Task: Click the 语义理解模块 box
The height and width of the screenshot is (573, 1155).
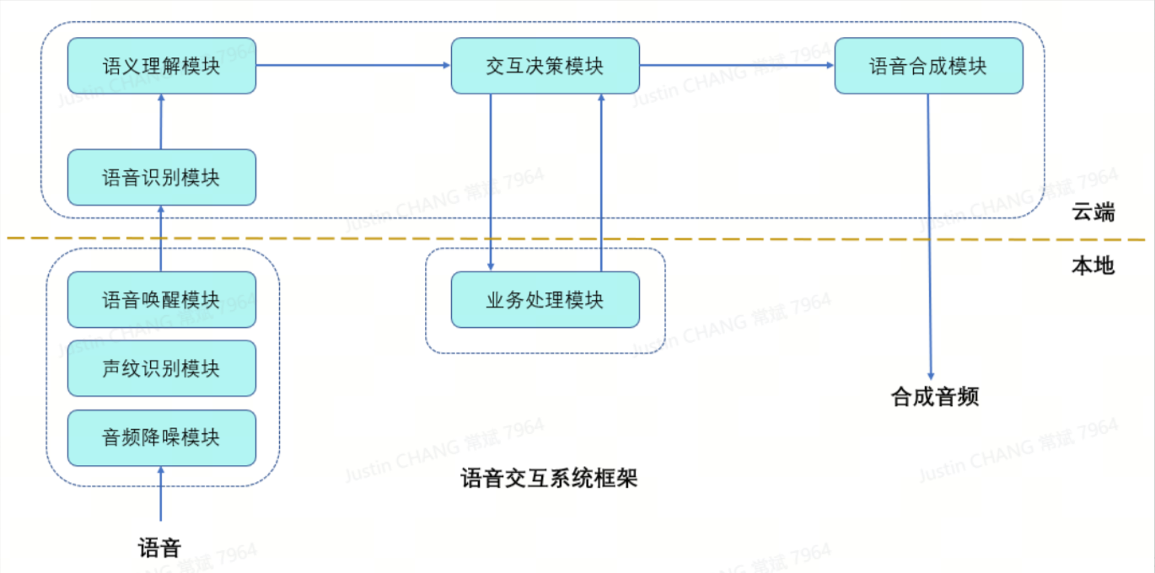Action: (x=161, y=66)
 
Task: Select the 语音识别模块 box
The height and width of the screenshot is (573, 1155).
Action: (x=161, y=177)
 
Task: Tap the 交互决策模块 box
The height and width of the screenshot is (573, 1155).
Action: (x=545, y=66)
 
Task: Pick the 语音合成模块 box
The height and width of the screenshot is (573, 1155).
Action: (x=928, y=66)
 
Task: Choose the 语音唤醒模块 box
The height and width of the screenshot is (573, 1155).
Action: (x=161, y=299)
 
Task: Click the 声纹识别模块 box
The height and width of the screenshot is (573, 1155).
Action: (x=161, y=368)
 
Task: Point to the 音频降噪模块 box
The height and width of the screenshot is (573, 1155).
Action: (x=161, y=437)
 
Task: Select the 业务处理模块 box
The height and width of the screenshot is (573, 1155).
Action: (x=545, y=299)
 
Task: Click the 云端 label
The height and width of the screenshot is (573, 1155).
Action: (x=1093, y=212)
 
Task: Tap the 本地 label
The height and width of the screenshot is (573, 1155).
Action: (x=1093, y=266)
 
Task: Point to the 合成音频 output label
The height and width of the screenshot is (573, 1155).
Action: (x=935, y=397)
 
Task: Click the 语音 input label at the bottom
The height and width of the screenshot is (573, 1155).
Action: (x=159, y=549)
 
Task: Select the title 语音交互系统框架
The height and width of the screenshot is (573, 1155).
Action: (x=549, y=479)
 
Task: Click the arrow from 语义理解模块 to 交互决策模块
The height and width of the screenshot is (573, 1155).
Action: (x=353, y=66)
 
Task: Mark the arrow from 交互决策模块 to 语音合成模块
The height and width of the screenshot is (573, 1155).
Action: (x=737, y=66)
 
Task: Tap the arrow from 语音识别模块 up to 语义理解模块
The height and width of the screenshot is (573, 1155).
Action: (x=161, y=121)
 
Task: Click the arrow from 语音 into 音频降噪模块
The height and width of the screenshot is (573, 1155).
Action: (x=160, y=494)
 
